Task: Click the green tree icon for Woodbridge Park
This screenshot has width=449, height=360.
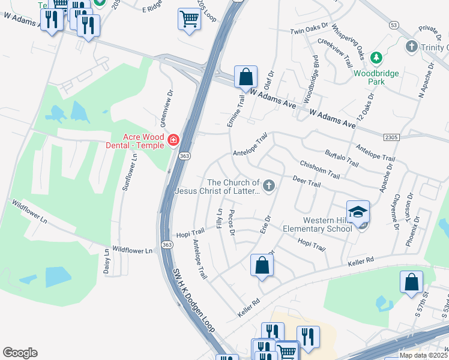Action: [x=376, y=58]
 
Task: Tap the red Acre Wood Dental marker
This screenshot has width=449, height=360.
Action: [x=173, y=140]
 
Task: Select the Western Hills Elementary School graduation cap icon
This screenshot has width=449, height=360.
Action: [x=358, y=213]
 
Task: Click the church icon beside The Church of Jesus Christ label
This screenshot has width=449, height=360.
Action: [x=269, y=187]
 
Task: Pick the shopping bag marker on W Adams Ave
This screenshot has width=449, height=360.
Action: [x=246, y=77]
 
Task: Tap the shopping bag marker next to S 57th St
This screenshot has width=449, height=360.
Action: [x=411, y=283]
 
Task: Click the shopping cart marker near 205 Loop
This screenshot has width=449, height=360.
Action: [x=189, y=19]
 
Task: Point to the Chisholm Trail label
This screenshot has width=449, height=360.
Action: [x=319, y=170]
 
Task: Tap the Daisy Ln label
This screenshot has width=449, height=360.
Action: [x=107, y=262]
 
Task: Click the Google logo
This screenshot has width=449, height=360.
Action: [x=20, y=353]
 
